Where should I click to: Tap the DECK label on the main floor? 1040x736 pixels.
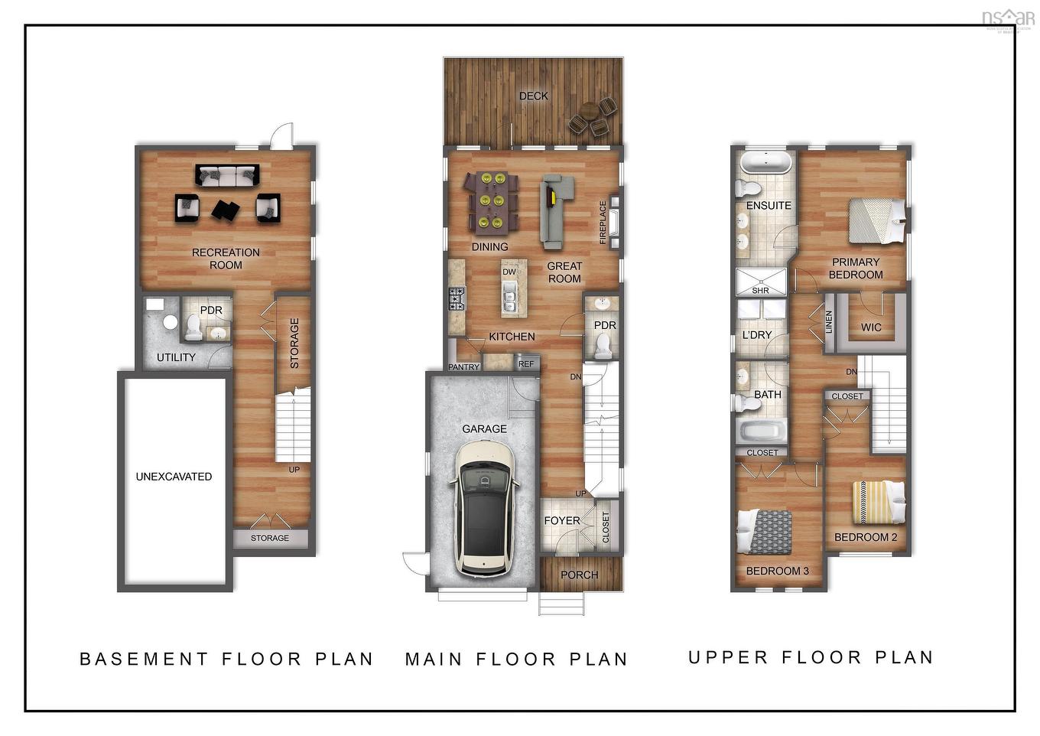click(533, 96)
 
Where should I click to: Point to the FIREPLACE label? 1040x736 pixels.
click(603, 223)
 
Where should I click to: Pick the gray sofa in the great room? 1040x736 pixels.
click(556, 210)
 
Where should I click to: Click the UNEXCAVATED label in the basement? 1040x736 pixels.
click(174, 476)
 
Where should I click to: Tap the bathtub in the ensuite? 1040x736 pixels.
click(765, 162)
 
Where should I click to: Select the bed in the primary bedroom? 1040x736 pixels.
click(876, 220)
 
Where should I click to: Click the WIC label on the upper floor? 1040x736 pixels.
click(871, 327)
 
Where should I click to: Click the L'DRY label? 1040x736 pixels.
click(757, 334)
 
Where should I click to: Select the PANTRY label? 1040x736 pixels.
click(464, 367)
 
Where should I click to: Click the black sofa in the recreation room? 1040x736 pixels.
click(227, 175)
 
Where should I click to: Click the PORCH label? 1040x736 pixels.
click(579, 575)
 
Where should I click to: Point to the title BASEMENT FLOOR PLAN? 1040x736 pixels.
click(226, 659)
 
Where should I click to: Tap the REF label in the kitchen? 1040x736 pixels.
click(526, 364)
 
